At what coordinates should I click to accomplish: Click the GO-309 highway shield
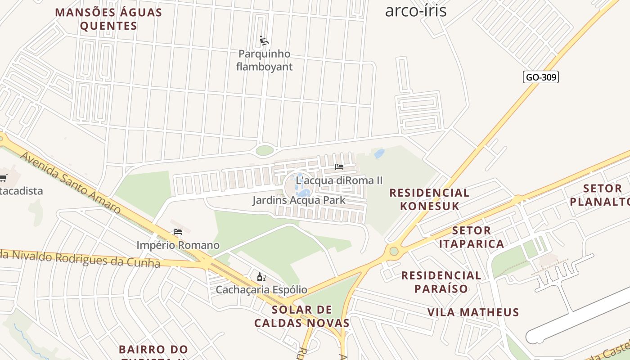[x=541, y=77]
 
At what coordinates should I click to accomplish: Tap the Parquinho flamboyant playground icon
[x=264, y=41]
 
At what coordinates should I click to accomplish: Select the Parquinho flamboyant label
[x=264, y=60]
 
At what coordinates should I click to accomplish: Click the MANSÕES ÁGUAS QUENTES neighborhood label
[x=108, y=19]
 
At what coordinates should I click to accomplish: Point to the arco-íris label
[x=415, y=10]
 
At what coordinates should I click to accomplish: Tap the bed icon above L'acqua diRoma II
[x=339, y=167]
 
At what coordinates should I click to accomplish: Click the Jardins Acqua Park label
[x=298, y=200]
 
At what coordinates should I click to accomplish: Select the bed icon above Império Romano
[x=178, y=232]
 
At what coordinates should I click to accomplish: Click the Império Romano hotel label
[x=178, y=245]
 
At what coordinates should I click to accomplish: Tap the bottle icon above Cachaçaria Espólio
[x=261, y=277]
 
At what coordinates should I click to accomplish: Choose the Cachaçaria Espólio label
[x=261, y=290]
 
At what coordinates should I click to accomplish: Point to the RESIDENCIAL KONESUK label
[x=429, y=199]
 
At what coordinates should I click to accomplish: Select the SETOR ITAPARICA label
[x=471, y=237]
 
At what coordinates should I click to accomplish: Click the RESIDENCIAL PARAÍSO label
[x=441, y=282]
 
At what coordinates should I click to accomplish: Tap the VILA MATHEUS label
[x=473, y=312]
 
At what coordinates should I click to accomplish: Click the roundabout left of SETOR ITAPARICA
[x=394, y=251]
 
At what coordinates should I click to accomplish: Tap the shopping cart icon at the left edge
[x=3, y=178]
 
